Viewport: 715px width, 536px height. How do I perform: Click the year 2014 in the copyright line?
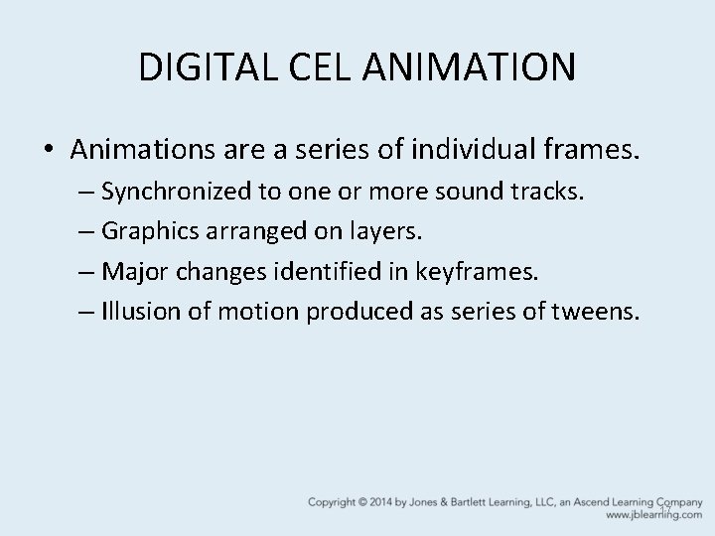[x=385, y=501]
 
